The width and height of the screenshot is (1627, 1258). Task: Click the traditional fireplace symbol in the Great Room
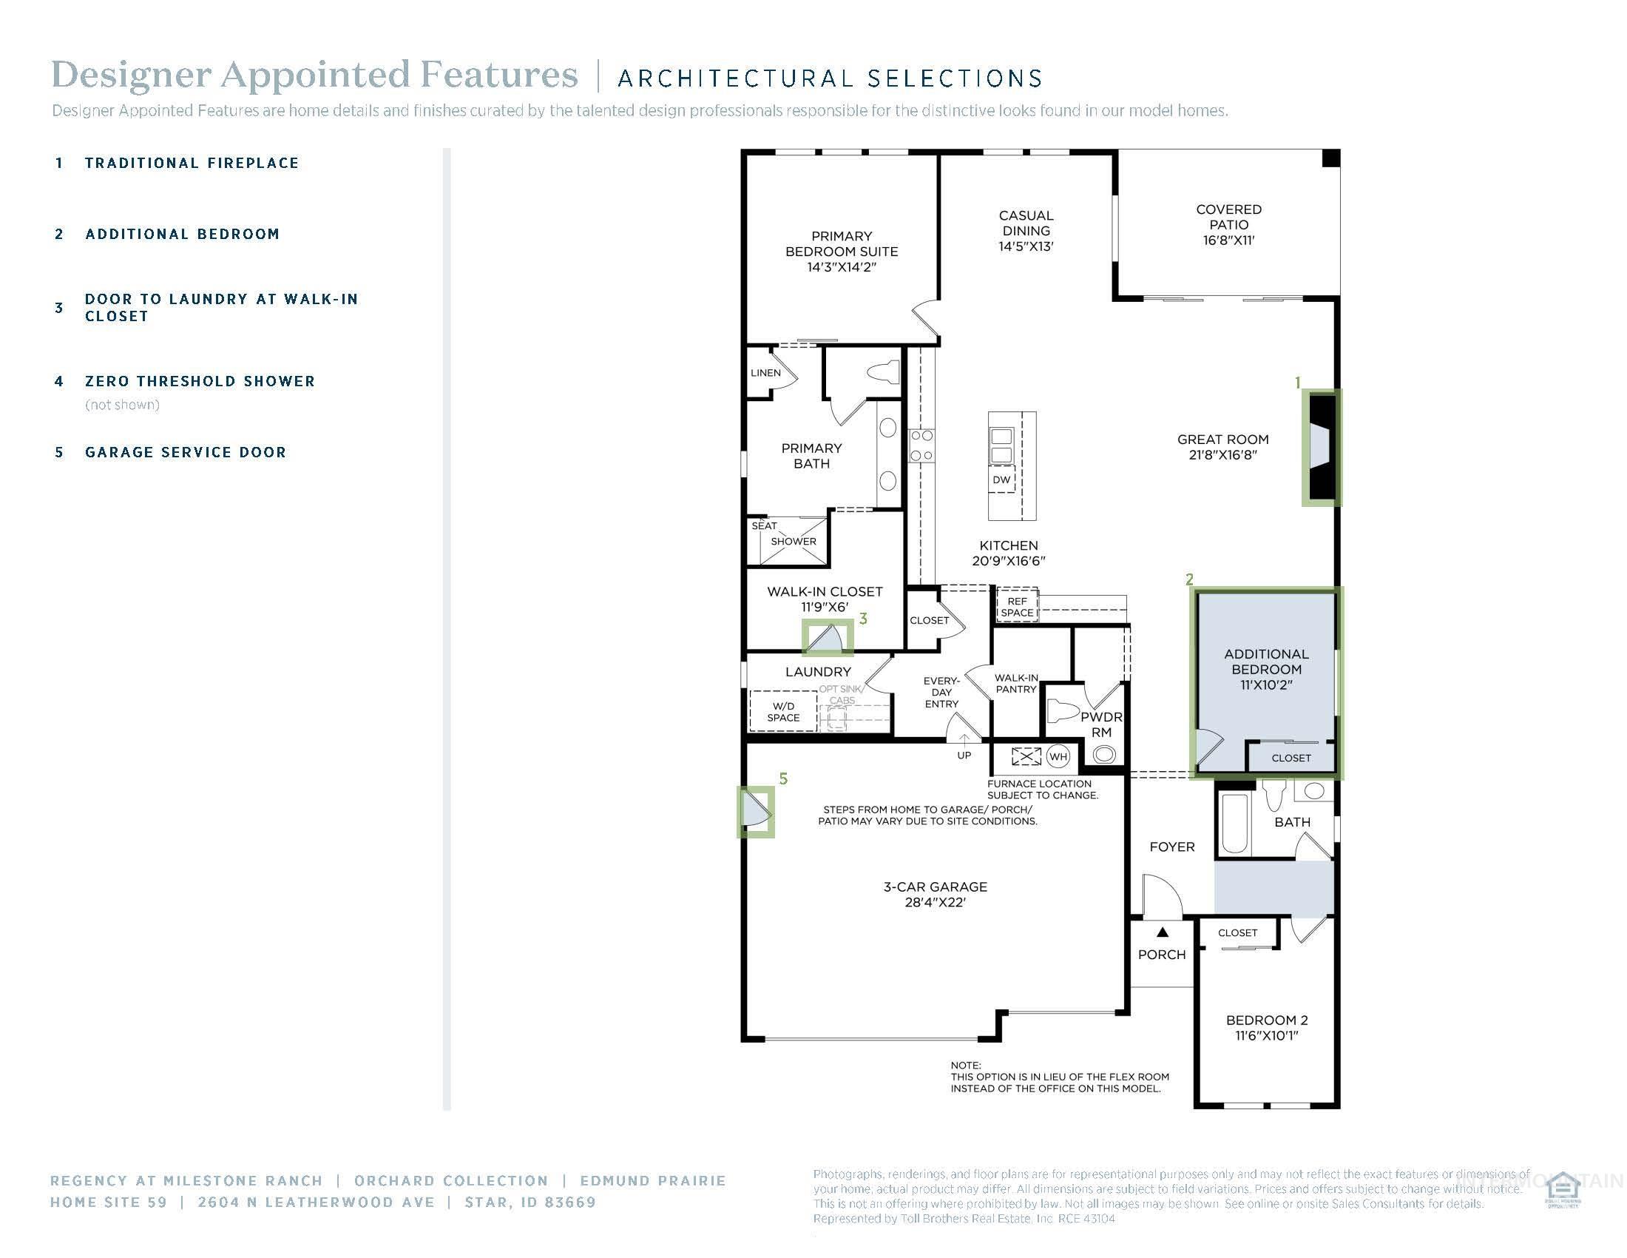1321,447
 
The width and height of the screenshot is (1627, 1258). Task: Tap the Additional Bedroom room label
1265,668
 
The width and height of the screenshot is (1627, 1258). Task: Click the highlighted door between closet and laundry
827,638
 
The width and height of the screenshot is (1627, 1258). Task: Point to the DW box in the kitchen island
1001,480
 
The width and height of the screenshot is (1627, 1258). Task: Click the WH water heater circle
1058,756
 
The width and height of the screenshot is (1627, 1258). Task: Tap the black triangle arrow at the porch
1162,932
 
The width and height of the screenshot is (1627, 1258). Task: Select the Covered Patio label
1228,224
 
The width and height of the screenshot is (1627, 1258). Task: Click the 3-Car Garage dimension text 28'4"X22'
935,903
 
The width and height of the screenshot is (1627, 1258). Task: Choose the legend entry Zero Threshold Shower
200,382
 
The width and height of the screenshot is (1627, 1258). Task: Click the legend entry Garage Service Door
186,452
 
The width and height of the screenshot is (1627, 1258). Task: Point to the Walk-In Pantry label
1016,684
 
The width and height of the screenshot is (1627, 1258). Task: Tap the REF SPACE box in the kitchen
1017,607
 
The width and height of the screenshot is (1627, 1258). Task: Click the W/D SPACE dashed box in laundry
783,712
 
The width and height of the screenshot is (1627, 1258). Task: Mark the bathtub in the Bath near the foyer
1234,824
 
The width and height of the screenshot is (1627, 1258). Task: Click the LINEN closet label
766,373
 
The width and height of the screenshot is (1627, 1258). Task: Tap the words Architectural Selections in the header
829,78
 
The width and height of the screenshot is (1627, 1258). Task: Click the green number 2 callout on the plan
1189,579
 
